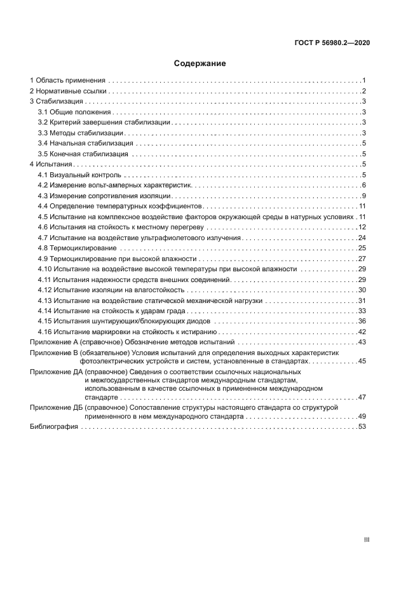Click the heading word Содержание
[200, 64]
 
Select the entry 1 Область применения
[68, 81]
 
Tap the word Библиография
[54, 427]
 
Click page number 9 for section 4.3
[364, 196]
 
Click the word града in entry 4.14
[177, 311]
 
